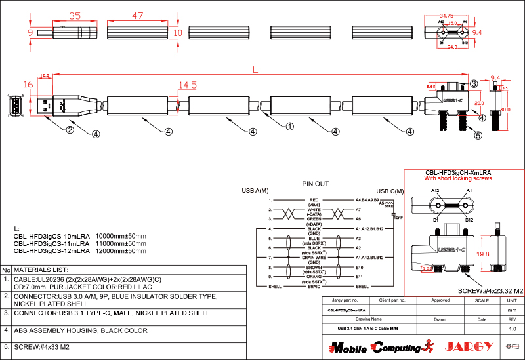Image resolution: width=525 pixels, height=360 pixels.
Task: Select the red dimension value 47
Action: point(138,15)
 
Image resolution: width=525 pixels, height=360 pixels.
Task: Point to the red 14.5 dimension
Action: point(188,85)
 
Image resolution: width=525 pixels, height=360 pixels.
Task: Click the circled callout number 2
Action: point(69,130)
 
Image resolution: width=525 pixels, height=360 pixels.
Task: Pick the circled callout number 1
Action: point(287,124)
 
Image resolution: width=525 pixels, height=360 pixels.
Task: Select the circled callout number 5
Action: point(478,136)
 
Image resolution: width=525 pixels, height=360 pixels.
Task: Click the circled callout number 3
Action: point(473,83)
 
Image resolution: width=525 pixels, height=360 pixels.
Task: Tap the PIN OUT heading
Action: point(315,184)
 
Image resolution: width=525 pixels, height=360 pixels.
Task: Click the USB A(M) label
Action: point(255,191)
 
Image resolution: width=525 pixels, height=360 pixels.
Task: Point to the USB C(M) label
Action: point(371,191)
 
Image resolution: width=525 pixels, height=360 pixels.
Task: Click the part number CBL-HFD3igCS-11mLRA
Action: point(52,243)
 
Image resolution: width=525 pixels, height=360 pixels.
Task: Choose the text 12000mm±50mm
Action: point(121,250)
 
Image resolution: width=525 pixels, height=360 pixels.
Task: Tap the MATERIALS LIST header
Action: point(41,270)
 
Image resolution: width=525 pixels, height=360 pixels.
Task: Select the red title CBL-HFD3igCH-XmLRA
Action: point(458,172)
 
